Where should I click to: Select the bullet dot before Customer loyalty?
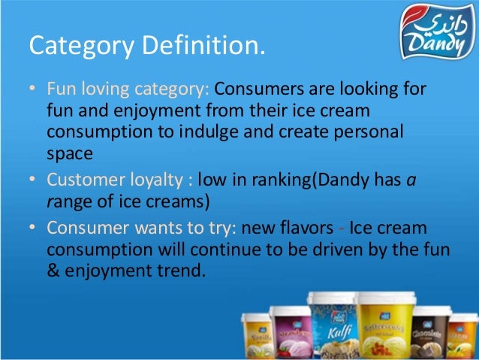point(32,182)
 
